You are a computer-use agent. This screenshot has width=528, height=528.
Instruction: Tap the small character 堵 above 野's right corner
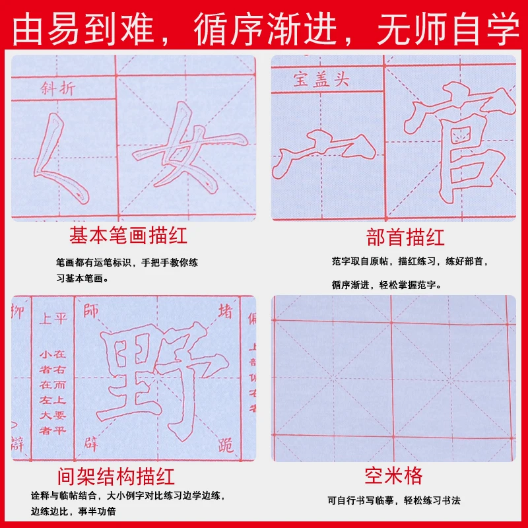pos(225,311)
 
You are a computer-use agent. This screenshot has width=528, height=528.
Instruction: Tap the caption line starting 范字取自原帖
pos(410,261)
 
